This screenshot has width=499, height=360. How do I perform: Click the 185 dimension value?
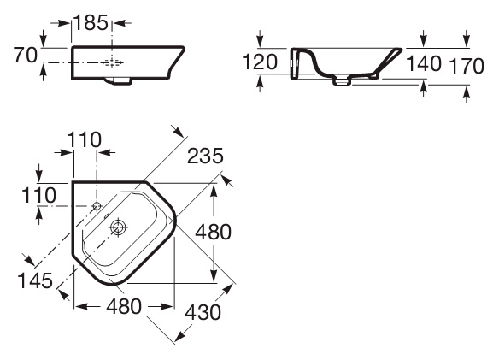click(x=91, y=23)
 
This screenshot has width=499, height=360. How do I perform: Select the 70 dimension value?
click(x=26, y=55)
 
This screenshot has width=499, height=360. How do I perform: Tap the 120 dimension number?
click(x=260, y=62)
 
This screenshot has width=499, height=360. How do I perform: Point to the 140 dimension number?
click(x=424, y=63)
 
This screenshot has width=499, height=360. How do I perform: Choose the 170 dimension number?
click(x=467, y=66)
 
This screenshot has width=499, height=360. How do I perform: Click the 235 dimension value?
click(x=205, y=156)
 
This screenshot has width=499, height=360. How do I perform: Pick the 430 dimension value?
click(x=203, y=312)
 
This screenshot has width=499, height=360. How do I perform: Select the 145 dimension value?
click(x=35, y=280)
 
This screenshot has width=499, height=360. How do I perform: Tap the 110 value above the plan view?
click(x=85, y=139)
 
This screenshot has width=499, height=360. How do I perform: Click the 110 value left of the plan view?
click(x=38, y=195)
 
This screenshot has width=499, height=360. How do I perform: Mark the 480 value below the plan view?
click(x=124, y=306)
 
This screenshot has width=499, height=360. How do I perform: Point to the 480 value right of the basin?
click(x=213, y=232)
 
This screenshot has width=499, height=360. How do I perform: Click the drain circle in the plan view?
click(x=118, y=227)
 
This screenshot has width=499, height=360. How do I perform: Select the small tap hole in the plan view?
click(x=97, y=206)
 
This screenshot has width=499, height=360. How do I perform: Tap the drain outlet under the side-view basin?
click(x=343, y=80)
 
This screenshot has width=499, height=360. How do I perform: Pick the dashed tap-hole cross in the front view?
click(x=112, y=62)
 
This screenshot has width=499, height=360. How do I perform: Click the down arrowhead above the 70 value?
click(x=44, y=42)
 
